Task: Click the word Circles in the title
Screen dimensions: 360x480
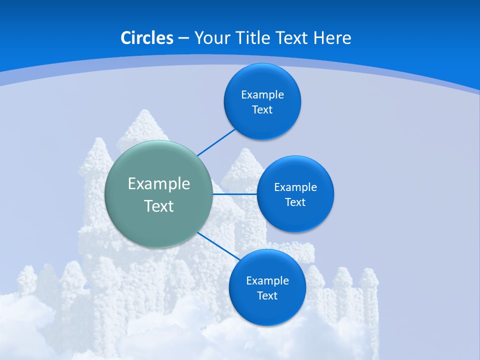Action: click(x=146, y=38)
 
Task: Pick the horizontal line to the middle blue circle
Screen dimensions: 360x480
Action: click(x=234, y=194)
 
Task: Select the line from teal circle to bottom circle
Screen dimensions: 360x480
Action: click(x=219, y=246)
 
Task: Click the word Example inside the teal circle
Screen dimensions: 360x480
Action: click(x=159, y=184)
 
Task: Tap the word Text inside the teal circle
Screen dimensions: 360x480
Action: click(x=159, y=206)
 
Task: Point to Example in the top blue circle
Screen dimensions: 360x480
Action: click(x=262, y=95)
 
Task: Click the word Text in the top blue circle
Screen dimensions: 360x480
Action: click(x=262, y=110)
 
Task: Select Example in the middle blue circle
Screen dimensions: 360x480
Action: click(x=295, y=187)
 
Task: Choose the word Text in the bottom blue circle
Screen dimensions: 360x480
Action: click(x=267, y=296)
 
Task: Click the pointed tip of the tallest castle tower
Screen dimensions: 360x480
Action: click(x=145, y=110)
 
